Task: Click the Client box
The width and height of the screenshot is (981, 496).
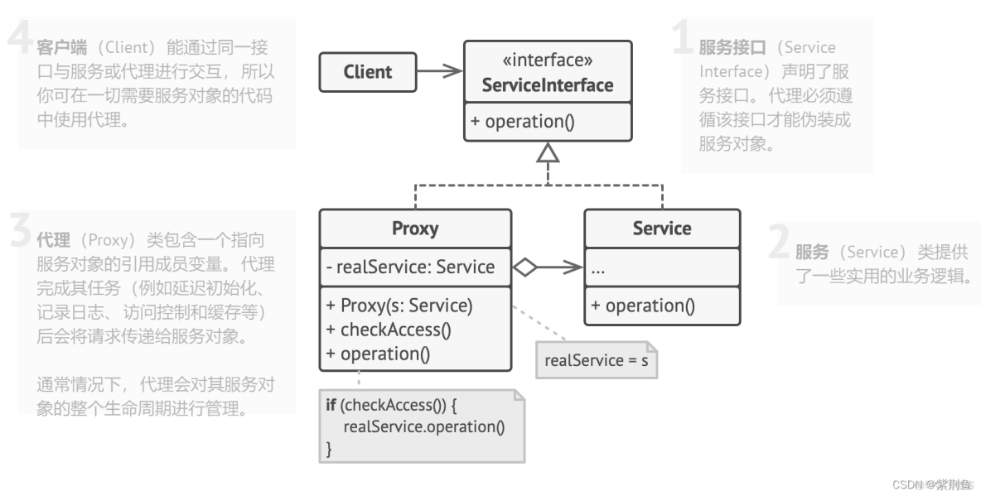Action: point(367,72)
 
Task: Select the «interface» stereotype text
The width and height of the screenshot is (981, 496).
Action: point(548,60)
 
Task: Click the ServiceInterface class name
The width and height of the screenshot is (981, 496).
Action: point(548,84)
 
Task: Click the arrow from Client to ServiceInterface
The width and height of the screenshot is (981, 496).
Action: point(439,72)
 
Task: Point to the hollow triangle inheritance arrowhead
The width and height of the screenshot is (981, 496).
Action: point(548,152)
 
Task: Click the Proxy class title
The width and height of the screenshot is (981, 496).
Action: point(414,229)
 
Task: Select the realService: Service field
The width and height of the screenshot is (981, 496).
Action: point(410,267)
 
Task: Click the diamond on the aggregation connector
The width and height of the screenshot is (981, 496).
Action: point(524,267)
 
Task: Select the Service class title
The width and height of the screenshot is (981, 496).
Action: point(661,229)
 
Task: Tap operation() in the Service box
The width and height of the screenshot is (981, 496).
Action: point(642,306)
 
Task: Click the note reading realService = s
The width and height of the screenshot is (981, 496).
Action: point(596,360)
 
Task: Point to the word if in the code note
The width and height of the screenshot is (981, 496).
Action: point(331,405)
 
